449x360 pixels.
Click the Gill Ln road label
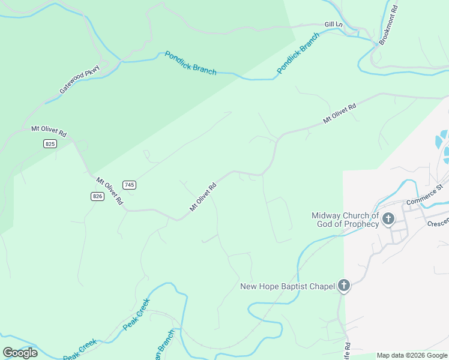click(333, 24)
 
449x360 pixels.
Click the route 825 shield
click(50, 143)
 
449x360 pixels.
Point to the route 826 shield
click(98, 196)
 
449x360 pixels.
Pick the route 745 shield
click(129, 184)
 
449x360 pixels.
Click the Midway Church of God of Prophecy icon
click(388, 219)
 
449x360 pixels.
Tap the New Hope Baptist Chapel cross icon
click(344, 286)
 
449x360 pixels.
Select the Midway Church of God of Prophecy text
click(345, 220)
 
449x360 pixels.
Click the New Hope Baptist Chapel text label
click(287, 287)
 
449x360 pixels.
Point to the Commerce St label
click(424, 194)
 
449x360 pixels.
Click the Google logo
click(20, 353)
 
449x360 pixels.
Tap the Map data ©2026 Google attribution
click(412, 355)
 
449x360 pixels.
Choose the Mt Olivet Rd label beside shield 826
click(109, 190)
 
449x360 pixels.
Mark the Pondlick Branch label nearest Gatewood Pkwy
click(190, 63)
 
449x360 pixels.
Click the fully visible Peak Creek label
click(137, 314)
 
